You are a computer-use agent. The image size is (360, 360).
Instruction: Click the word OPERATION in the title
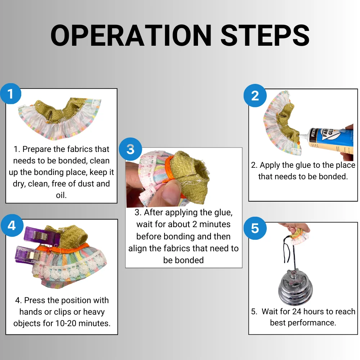[131, 35]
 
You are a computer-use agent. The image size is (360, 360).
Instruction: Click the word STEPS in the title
[265, 35]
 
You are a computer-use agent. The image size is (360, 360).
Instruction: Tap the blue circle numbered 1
[10, 94]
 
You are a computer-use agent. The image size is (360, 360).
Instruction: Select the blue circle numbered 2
[255, 95]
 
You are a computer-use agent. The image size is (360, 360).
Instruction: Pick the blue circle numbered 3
[130, 149]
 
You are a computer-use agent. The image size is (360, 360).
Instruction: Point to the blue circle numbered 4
[12, 225]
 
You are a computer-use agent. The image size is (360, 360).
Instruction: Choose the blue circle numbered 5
[255, 228]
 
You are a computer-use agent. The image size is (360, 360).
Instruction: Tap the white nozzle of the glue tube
[303, 136]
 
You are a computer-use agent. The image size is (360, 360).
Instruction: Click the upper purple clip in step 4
[41, 234]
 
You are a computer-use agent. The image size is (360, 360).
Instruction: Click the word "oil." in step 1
[61, 195]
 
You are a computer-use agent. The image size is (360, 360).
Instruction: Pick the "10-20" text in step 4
[66, 323]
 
